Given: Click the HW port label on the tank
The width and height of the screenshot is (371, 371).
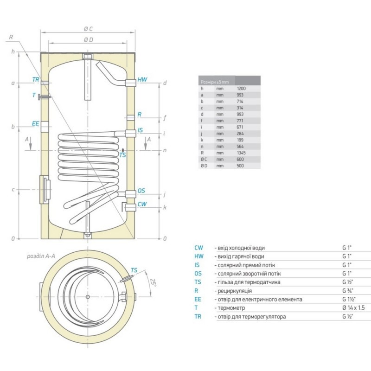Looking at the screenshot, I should click(x=142, y=80).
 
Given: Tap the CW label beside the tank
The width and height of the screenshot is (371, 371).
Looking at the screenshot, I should click(x=142, y=204).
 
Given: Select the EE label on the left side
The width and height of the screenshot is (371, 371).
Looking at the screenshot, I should click(x=35, y=124).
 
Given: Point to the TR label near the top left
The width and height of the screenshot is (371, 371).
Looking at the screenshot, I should click(x=36, y=80).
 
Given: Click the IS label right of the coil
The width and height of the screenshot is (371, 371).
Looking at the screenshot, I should click(x=140, y=131).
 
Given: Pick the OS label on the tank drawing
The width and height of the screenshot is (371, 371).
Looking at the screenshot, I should click(x=141, y=191).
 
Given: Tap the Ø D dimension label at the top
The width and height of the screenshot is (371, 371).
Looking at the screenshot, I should click(x=88, y=40).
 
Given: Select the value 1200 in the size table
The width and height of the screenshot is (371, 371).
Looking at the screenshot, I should click(x=241, y=88).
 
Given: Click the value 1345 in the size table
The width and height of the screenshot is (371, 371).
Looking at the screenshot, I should click(x=241, y=153).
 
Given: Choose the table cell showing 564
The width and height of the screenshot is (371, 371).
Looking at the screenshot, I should click(x=241, y=146).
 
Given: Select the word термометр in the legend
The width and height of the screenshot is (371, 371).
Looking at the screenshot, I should click(x=230, y=308).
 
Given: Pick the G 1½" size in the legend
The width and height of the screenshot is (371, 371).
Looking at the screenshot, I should click(x=348, y=299).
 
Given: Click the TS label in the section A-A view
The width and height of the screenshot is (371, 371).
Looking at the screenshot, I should click(x=134, y=270).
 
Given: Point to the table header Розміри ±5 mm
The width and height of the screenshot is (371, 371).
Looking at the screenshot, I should click(x=213, y=82).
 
